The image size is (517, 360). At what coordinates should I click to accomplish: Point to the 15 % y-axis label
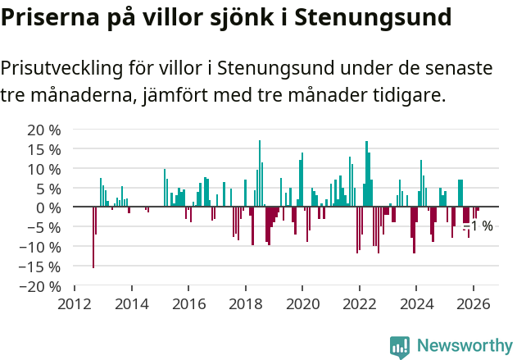(44, 149)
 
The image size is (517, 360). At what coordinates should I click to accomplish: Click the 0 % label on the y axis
(48, 207)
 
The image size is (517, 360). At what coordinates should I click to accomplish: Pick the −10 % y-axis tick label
(40, 247)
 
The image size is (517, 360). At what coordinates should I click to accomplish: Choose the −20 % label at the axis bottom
(40, 286)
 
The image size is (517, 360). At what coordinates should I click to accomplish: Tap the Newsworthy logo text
(464, 346)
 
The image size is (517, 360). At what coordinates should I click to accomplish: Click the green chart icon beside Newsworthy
(400, 347)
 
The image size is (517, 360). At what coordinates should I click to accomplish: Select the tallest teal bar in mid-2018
(260, 174)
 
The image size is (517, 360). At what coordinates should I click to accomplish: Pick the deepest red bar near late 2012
(93, 237)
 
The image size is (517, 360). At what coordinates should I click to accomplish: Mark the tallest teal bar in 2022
(366, 174)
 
